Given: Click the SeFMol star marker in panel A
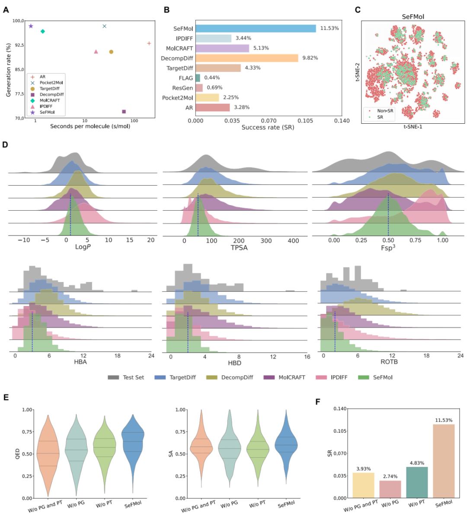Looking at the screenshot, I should coord(31,26).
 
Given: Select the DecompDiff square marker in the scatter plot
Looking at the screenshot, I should coord(124,112).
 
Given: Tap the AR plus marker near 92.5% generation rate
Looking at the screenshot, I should coord(149,43).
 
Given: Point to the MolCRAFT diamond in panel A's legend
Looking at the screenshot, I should coord(32,100).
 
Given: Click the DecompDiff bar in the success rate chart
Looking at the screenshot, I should coord(246,58).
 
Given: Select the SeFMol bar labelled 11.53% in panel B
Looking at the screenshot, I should coord(256,29).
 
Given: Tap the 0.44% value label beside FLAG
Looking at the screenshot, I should coord(212,78).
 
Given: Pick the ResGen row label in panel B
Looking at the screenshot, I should coord(182,88).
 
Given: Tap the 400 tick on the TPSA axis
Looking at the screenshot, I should coord(293,241).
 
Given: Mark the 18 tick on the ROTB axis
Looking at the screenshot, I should coord(426,356).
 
